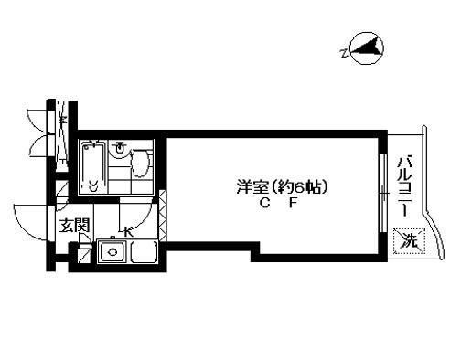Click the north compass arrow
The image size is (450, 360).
click(x=368, y=48)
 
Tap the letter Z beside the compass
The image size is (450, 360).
click(x=343, y=52)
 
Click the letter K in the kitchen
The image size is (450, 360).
click(x=128, y=232)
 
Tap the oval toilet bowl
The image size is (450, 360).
click(x=140, y=166)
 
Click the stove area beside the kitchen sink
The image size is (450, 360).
click(x=145, y=253)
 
